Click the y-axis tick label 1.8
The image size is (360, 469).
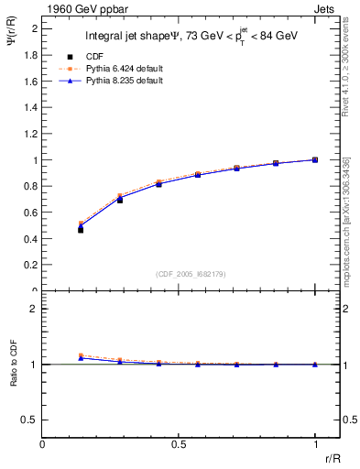[31, 55]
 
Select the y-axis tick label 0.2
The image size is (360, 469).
[31, 265]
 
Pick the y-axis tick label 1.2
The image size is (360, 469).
[31, 134]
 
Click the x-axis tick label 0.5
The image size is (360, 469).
[178, 443]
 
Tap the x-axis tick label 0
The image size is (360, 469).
[42, 443]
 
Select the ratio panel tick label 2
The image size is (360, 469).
[33, 309]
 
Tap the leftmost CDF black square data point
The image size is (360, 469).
[81, 229]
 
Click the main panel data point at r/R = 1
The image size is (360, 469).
[315, 159]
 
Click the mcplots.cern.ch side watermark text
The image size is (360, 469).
[346, 220]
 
